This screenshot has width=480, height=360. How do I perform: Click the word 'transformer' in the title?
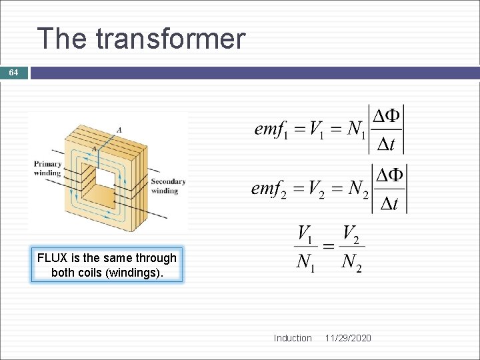coord(171,39)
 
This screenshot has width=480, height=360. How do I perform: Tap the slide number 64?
coord(13,72)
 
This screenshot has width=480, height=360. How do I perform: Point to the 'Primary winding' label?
coord(47,168)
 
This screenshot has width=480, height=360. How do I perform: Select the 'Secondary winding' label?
coord(168,186)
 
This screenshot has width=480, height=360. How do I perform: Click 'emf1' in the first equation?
coord(271,129)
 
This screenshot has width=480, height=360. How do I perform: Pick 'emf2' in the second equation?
coord(269,189)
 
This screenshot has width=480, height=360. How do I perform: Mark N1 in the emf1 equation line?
coord(354,129)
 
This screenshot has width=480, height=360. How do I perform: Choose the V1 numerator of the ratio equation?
coord(305,235)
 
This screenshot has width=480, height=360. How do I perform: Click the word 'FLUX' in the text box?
coord(51,258)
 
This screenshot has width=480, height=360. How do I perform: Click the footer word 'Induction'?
coord(292,338)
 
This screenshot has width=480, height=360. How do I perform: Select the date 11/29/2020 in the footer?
coord(348,338)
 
